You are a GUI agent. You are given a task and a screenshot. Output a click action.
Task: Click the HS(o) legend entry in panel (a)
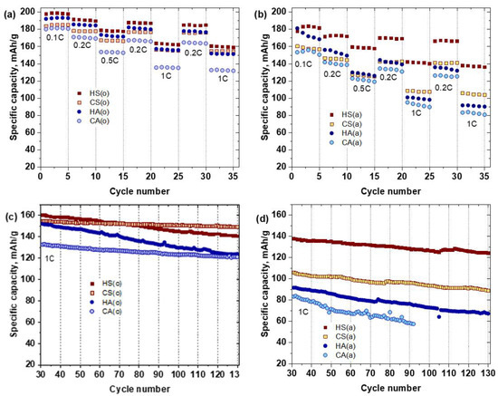(x=89, y=92)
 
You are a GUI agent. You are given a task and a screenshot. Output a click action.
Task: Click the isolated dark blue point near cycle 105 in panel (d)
(x=440, y=316)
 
